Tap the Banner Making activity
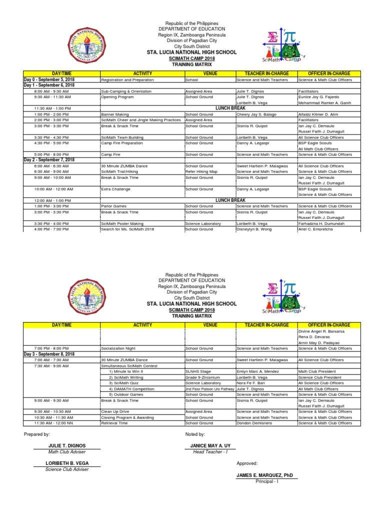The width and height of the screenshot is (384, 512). (115, 114)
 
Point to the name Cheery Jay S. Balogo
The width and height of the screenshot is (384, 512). (257, 114)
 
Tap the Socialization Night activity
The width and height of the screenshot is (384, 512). (119, 348)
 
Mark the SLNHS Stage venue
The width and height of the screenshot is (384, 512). (198, 371)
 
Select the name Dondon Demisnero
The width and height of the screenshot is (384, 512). (257, 423)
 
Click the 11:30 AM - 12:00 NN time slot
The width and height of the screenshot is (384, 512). (52, 423)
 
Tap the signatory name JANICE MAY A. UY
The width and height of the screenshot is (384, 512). (210, 445)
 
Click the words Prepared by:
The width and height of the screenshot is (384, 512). (37, 434)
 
